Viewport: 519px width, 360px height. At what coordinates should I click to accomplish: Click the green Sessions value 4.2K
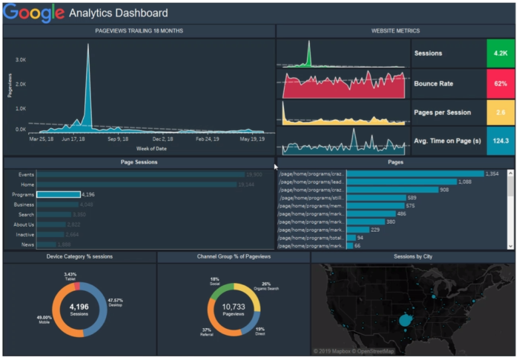click(x=500, y=53)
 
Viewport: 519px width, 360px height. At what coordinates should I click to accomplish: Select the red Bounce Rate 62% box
click(x=500, y=83)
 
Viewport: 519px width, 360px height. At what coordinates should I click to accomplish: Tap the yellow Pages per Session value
click(x=500, y=112)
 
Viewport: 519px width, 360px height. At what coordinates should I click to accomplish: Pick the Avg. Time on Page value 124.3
click(x=500, y=141)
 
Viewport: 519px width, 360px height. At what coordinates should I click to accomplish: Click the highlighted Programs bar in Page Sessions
click(x=58, y=195)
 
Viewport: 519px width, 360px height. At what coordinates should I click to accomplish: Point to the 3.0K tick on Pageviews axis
click(x=21, y=60)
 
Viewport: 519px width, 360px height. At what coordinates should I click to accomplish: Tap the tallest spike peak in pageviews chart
click(x=87, y=46)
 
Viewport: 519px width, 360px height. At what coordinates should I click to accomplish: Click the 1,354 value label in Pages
click(x=492, y=173)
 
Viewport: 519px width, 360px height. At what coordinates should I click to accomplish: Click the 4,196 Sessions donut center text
click(x=79, y=307)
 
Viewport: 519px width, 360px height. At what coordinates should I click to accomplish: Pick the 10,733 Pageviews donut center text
click(x=234, y=307)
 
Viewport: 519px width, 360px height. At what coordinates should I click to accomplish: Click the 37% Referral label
click(x=207, y=333)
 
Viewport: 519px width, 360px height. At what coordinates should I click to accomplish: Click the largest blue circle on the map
click(x=405, y=320)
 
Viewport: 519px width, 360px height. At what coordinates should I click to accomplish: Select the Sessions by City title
click(x=413, y=256)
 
